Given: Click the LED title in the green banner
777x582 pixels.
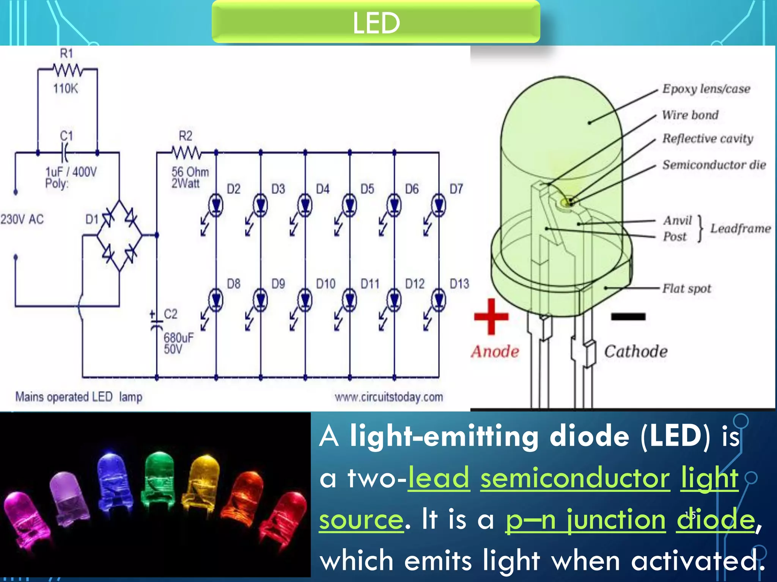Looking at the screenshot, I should (x=376, y=23).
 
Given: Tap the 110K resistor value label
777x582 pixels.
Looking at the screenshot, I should (x=65, y=89).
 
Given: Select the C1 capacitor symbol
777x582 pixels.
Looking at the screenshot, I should (x=66, y=153).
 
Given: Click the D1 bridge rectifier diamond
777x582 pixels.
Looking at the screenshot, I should (x=120, y=235).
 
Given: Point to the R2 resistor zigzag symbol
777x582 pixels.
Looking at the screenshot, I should (x=186, y=153).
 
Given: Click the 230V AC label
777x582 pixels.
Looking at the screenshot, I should (x=22, y=219).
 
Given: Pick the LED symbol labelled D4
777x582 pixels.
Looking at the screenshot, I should (x=305, y=205).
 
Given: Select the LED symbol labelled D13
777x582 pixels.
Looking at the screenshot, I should (x=439, y=300).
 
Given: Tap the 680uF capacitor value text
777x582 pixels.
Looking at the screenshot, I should (x=179, y=337).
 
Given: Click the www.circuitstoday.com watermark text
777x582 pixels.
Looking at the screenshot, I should (x=389, y=397).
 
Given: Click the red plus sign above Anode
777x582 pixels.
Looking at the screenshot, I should (x=491, y=317).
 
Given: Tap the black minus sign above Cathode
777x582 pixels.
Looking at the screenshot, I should (x=628, y=317).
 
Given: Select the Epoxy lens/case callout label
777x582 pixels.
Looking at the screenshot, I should (x=706, y=89).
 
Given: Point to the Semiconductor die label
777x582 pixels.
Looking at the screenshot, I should (x=714, y=165).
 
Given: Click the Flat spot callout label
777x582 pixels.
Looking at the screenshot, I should (x=687, y=289).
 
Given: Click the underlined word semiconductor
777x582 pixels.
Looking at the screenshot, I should (x=575, y=478).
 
